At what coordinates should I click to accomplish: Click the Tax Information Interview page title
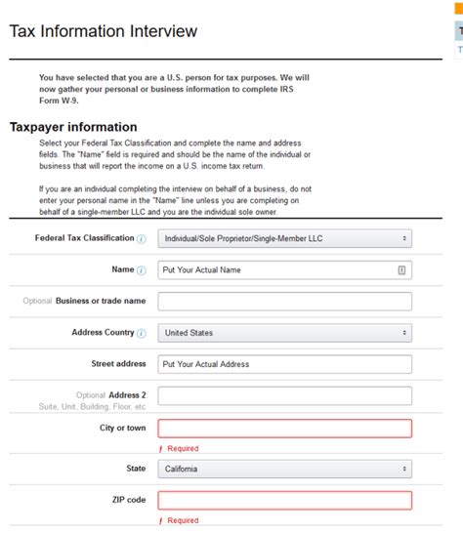pyautogui.click(x=103, y=31)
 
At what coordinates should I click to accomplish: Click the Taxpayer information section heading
pyautogui.click(x=73, y=127)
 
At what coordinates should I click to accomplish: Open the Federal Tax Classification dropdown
pyautogui.click(x=284, y=238)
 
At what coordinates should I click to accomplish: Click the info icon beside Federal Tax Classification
pyautogui.click(x=142, y=238)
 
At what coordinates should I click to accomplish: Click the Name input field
pyautogui.click(x=274, y=269)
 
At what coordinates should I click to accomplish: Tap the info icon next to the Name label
pyautogui.click(x=142, y=269)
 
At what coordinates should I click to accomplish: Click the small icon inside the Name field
pyautogui.click(x=401, y=269)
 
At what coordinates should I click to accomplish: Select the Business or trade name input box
pyautogui.click(x=284, y=301)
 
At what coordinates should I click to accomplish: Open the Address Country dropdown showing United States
pyautogui.click(x=284, y=333)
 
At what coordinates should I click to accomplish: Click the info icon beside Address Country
pyautogui.click(x=142, y=333)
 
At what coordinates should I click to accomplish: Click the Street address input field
pyautogui.click(x=284, y=364)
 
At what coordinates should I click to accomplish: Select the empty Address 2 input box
pyautogui.click(x=284, y=395)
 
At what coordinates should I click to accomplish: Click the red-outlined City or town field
pyautogui.click(x=284, y=428)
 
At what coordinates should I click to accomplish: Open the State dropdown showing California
pyautogui.click(x=284, y=469)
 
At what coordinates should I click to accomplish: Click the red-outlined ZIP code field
pyautogui.click(x=284, y=500)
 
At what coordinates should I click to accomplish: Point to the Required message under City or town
pyautogui.click(x=182, y=449)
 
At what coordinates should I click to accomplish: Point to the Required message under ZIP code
pyautogui.click(x=182, y=521)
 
